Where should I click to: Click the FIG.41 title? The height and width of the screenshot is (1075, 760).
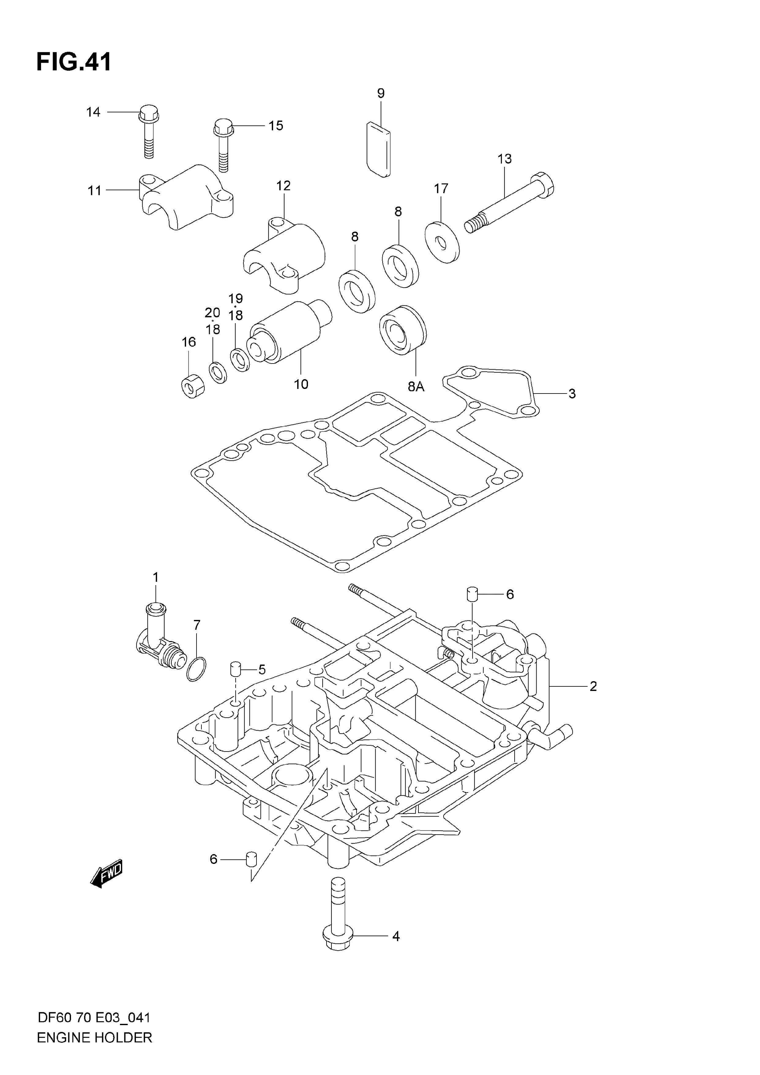74,62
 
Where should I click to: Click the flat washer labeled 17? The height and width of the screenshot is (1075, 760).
442,242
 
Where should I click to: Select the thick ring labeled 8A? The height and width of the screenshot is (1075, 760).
403,330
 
